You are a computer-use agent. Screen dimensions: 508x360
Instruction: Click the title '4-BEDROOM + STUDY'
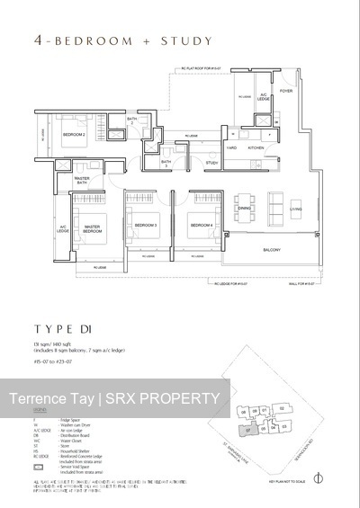click(x=110, y=40)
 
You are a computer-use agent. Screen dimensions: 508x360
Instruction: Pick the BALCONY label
click(x=272, y=250)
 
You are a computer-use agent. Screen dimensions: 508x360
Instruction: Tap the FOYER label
click(x=286, y=91)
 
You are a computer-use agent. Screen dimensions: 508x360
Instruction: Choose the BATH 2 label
click(x=131, y=120)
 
